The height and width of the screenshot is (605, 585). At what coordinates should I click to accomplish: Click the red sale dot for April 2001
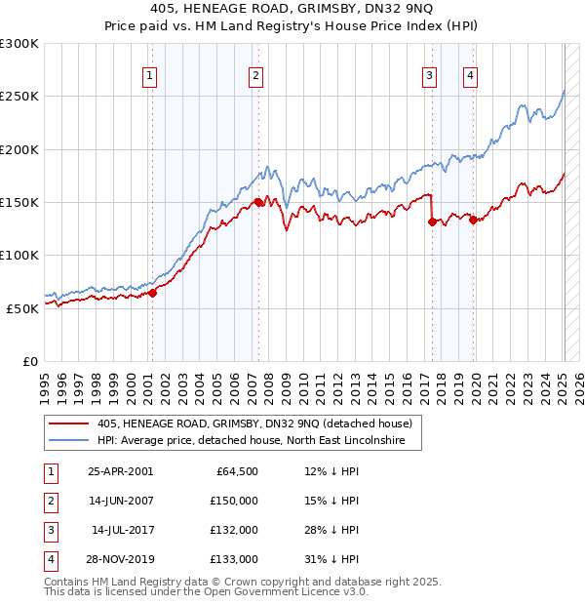point(152,293)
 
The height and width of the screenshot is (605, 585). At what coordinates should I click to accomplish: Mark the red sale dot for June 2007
point(258,202)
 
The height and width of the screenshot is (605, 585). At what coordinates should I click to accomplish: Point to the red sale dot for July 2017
point(431,222)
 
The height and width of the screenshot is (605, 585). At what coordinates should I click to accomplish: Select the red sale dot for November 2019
point(473,220)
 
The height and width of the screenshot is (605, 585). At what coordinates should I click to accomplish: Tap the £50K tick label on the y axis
point(23,307)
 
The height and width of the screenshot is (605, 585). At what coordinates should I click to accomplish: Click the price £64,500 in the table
point(236,471)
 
